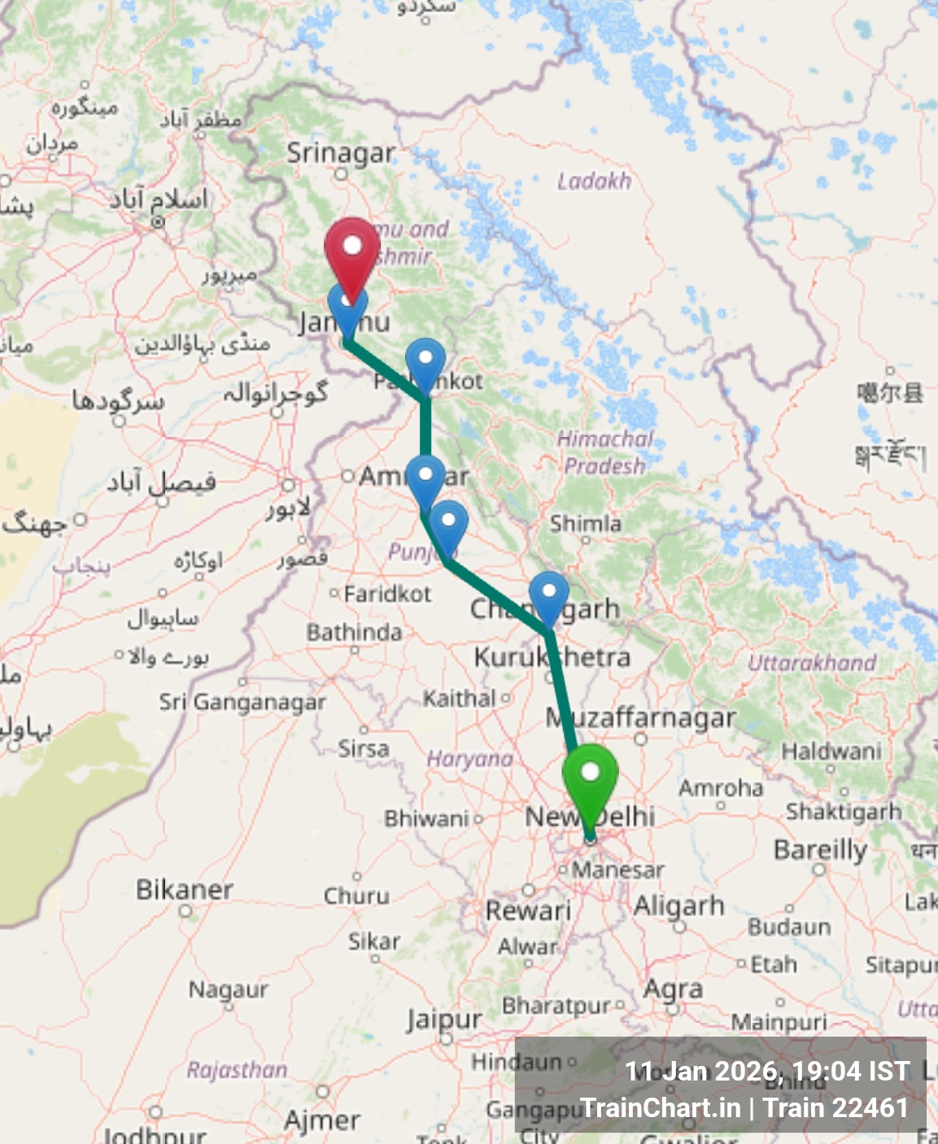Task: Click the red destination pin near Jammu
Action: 352,252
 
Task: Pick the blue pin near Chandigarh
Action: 549,596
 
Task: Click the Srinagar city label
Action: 341,153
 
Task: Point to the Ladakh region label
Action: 594,181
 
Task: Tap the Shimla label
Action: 586,523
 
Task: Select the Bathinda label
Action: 354,632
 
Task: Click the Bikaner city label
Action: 185,889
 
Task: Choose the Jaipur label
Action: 444,1020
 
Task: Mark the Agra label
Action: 673,989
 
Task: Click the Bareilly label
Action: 820,849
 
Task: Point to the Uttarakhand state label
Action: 812,663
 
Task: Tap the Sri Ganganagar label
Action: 242,701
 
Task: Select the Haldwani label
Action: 831,750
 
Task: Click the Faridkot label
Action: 387,594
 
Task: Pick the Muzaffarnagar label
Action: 641,718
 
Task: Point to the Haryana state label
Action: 470,759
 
